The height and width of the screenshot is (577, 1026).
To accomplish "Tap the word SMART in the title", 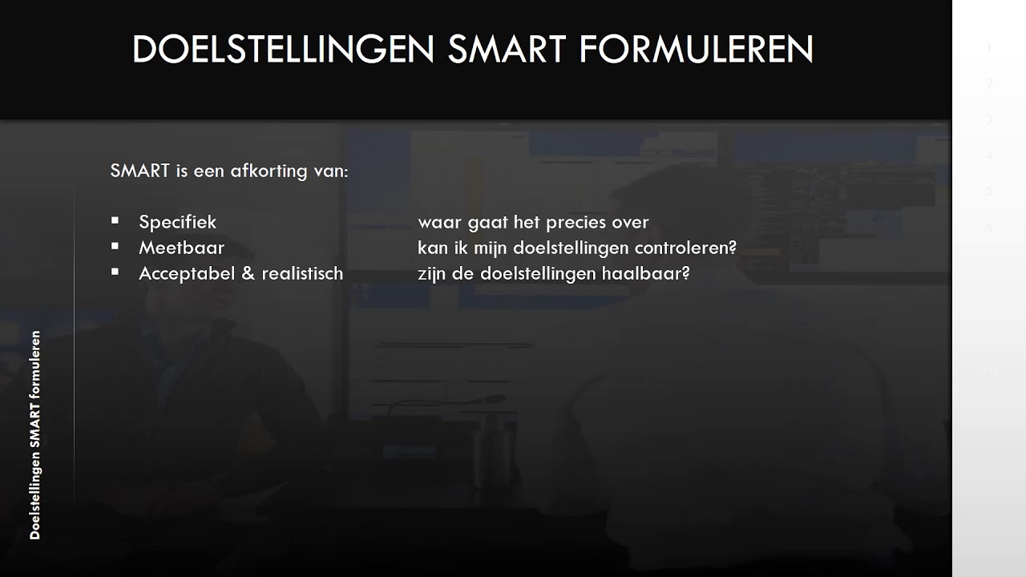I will coord(507,50).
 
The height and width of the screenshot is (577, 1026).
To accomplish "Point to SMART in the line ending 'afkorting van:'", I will coord(140,171).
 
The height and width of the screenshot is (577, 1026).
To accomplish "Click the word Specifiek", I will coord(177,222).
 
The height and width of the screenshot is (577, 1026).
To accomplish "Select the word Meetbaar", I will coord(181,248).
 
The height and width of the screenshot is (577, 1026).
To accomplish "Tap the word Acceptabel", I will coord(186,273).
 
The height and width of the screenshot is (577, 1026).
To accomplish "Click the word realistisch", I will coord(301,273).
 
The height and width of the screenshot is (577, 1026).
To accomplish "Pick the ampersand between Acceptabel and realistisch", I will coord(247,273).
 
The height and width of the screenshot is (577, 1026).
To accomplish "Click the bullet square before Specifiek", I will coord(115,220).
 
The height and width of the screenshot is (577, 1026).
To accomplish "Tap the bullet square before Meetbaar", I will coord(115,246).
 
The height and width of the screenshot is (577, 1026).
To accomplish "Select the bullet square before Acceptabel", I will coord(115,272).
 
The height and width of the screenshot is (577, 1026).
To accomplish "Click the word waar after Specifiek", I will coord(439,222).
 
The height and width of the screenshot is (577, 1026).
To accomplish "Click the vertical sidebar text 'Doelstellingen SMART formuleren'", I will coord(34,434).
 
